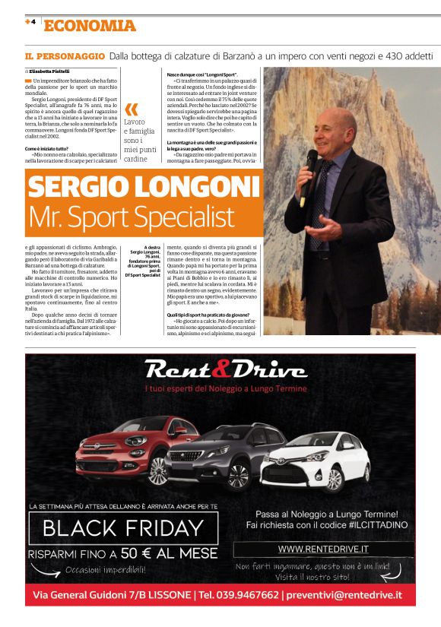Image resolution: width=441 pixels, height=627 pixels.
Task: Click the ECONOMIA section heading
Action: click(x=90, y=26)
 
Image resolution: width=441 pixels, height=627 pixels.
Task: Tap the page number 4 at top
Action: click(x=33, y=22)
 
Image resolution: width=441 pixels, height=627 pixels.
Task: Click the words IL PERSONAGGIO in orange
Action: click(x=65, y=56)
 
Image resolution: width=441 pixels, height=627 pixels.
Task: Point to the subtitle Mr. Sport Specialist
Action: click(x=132, y=217)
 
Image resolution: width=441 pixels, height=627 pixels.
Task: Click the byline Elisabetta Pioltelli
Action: click(x=48, y=71)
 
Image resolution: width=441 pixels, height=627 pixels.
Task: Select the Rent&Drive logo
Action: click(x=225, y=370)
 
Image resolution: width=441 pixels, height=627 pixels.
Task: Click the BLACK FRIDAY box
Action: click(x=123, y=527)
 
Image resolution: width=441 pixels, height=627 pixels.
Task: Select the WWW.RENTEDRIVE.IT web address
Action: click(x=323, y=549)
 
